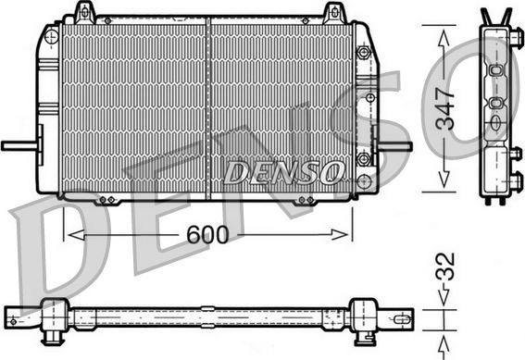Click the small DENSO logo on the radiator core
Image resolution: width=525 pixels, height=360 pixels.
point(283,171)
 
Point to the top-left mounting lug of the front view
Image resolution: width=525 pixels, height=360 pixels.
point(84,12)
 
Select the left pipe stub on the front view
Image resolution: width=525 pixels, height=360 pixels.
point(19,145)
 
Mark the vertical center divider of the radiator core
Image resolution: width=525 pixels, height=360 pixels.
point(209,106)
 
